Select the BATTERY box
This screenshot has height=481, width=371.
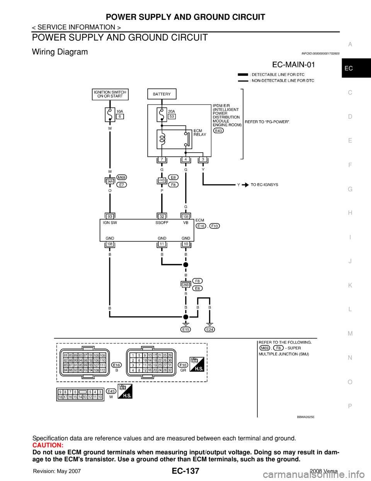pos(162,94)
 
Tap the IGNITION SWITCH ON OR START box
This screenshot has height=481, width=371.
pos(110,94)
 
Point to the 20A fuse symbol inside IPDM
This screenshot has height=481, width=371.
pos(162,115)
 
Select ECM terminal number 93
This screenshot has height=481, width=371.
pos(110,216)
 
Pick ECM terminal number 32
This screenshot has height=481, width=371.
pos(162,216)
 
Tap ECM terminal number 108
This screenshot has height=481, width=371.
pos(110,244)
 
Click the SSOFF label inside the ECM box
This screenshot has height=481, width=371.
pos(162,223)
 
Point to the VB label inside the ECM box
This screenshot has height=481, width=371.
pos(186,223)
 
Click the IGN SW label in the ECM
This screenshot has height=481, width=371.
pos(110,223)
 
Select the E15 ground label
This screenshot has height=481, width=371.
pos(186,330)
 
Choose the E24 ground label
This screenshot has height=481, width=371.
pos(210,330)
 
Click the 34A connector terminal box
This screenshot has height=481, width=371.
pos(110,180)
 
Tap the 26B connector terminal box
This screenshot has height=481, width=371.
pos(186,285)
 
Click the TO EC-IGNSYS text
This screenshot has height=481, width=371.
pos(264,185)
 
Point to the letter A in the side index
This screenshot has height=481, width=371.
pos(350,45)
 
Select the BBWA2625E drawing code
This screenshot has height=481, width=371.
pos(305,417)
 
